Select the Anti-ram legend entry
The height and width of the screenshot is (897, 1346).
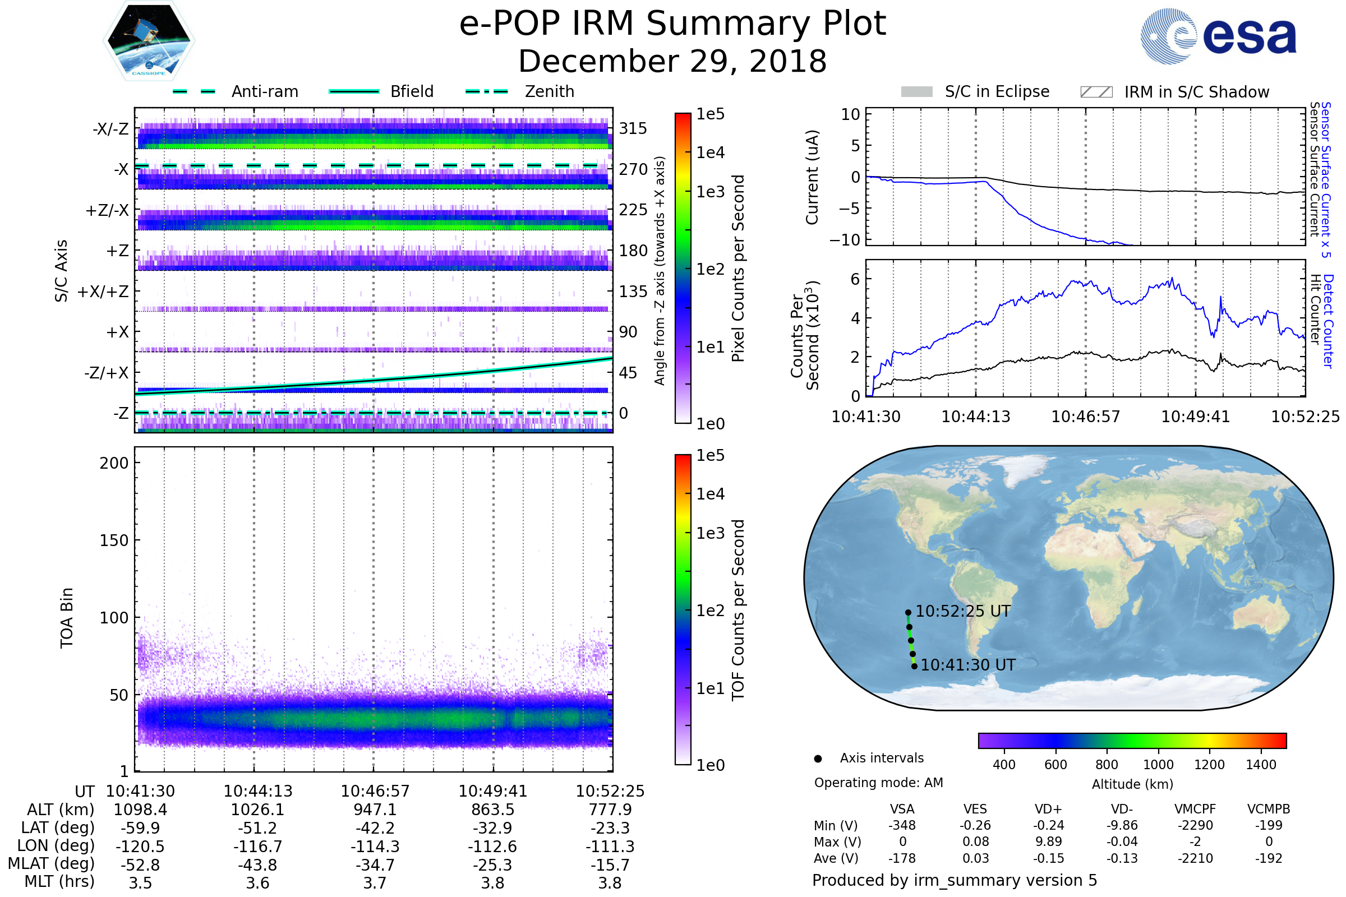tap(264, 91)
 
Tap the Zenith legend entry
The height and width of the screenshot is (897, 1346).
tap(549, 91)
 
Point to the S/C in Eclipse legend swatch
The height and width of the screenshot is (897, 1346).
tap(916, 92)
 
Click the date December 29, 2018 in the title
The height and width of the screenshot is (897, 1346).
tap(672, 61)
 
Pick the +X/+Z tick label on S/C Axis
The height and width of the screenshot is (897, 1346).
tap(103, 292)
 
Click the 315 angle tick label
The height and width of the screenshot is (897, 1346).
tap(633, 129)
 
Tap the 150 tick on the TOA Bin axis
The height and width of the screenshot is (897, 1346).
tap(114, 540)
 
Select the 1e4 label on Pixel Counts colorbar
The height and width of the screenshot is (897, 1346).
tap(710, 152)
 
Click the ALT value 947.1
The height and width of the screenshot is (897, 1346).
tap(375, 810)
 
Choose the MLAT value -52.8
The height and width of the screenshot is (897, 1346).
tap(140, 865)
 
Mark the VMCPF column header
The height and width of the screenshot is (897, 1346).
tap(1195, 810)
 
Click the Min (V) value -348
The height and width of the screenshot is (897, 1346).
tap(902, 825)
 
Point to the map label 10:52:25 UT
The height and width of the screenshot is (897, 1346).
tap(962, 612)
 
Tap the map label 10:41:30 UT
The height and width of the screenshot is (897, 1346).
tap(968, 665)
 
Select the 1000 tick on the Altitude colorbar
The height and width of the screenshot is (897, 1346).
tap(1158, 765)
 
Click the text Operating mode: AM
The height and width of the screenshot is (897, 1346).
tap(878, 783)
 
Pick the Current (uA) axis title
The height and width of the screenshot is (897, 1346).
tap(812, 177)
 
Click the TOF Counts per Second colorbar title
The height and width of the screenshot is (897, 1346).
tap(738, 610)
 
